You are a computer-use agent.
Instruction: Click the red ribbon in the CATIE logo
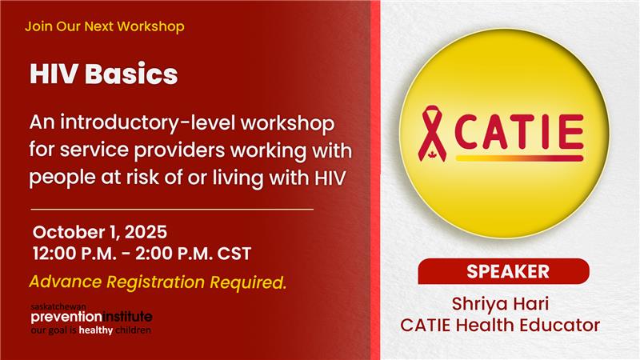point(432,133)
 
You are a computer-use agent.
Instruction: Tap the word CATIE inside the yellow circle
point(518,131)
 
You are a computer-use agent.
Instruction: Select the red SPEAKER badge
point(504,271)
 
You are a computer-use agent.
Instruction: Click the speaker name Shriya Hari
point(500,304)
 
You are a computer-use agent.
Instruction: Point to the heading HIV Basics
point(104,74)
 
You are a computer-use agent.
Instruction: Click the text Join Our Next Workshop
point(105,26)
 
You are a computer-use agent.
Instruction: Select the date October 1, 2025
point(100,232)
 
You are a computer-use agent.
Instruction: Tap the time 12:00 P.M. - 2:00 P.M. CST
point(142,254)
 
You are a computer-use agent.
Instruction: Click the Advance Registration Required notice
point(158,282)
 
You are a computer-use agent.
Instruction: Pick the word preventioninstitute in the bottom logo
point(91,317)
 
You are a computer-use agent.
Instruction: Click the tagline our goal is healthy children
point(91,330)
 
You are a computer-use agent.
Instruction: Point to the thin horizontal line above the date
point(172,210)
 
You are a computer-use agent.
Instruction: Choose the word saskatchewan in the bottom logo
point(58,306)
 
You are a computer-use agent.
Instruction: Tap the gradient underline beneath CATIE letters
point(519,158)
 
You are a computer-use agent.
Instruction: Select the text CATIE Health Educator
point(500,326)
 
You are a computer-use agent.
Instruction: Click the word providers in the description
point(179,150)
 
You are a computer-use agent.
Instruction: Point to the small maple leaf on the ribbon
point(431,154)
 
